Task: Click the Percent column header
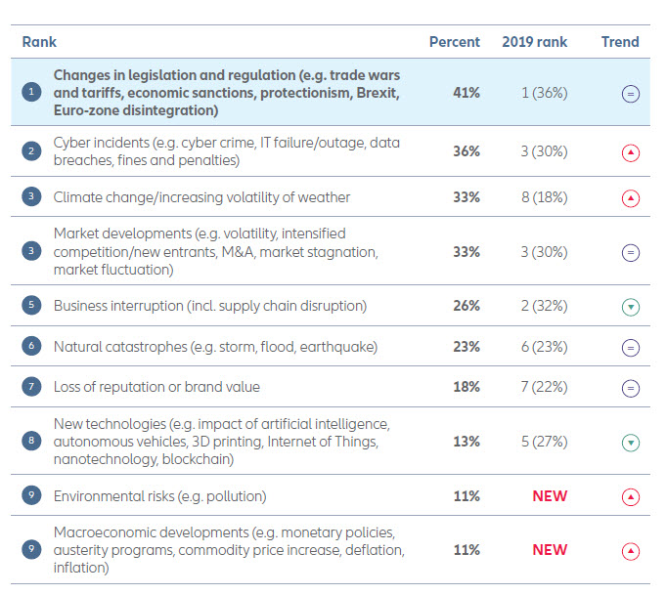(455, 42)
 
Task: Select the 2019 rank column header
(534, 42)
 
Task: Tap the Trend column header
(620, 42)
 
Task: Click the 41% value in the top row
(466, 92)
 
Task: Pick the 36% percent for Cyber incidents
(466, 151)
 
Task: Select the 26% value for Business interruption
(466, 306)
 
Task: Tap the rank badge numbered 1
(32, 92)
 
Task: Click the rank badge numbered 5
(32, 306)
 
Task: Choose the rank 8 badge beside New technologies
(32, 441)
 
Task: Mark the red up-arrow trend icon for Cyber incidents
(631, 153)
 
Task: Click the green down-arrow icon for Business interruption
(631, 307)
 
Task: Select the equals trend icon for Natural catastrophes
(631, 347)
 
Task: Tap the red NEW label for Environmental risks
(550, 495)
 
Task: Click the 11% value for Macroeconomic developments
(466, 549)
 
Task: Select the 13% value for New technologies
(466, 441)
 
